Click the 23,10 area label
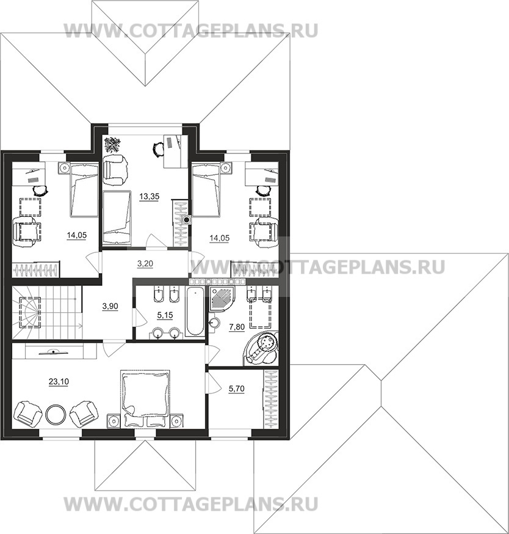[59, 382]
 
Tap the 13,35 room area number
[150, 197]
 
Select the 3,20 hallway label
[145, 263]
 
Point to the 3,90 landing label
[110, 306]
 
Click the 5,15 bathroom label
[165, 315]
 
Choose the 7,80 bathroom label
[237, 327]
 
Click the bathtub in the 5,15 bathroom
[195, 310]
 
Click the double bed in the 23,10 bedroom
[145, 398]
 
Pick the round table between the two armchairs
[55, 414]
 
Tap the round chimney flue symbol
[186, 220]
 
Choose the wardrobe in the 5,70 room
[271, 398]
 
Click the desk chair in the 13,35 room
[158, 149]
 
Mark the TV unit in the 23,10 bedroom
[54, 351]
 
